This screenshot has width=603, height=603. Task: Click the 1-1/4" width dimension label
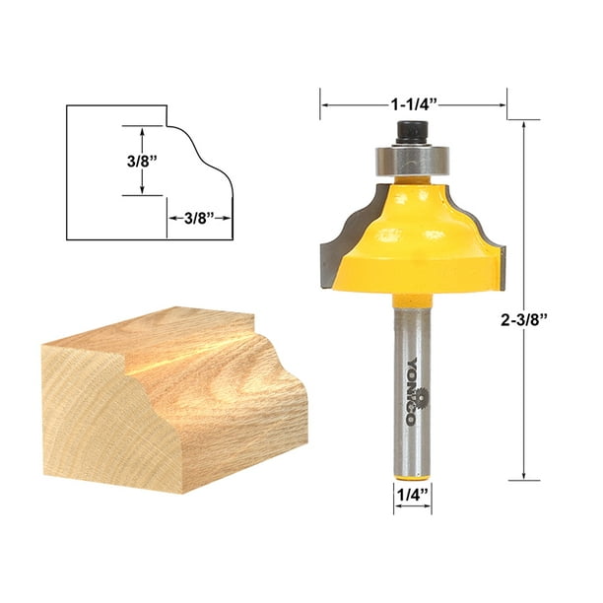tap(413, 101)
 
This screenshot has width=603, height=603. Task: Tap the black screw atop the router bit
tap(409, 131)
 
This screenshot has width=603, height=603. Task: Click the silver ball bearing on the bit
tap(409, 158)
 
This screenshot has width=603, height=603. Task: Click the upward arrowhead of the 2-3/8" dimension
tap(524, 126)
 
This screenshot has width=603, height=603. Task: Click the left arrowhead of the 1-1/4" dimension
tap(325, 101)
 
